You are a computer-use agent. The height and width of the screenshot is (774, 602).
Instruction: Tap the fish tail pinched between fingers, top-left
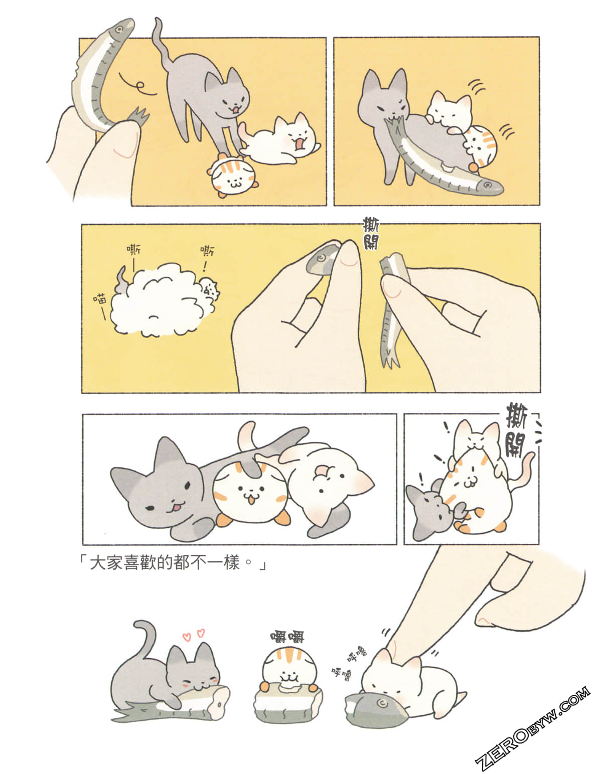pyautogui.click(x=139, y=116)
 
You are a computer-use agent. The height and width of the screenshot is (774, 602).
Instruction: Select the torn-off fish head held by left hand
pyautogui.click(x=322, y=259)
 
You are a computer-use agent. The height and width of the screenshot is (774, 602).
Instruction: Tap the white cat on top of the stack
pyautogui.click(x=477, y=435)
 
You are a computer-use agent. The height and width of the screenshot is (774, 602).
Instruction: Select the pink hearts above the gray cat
pyautogui.click(x=194, y=635)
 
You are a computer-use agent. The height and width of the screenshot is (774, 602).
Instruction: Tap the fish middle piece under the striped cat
pyautogui.click(x=288, y=703)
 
